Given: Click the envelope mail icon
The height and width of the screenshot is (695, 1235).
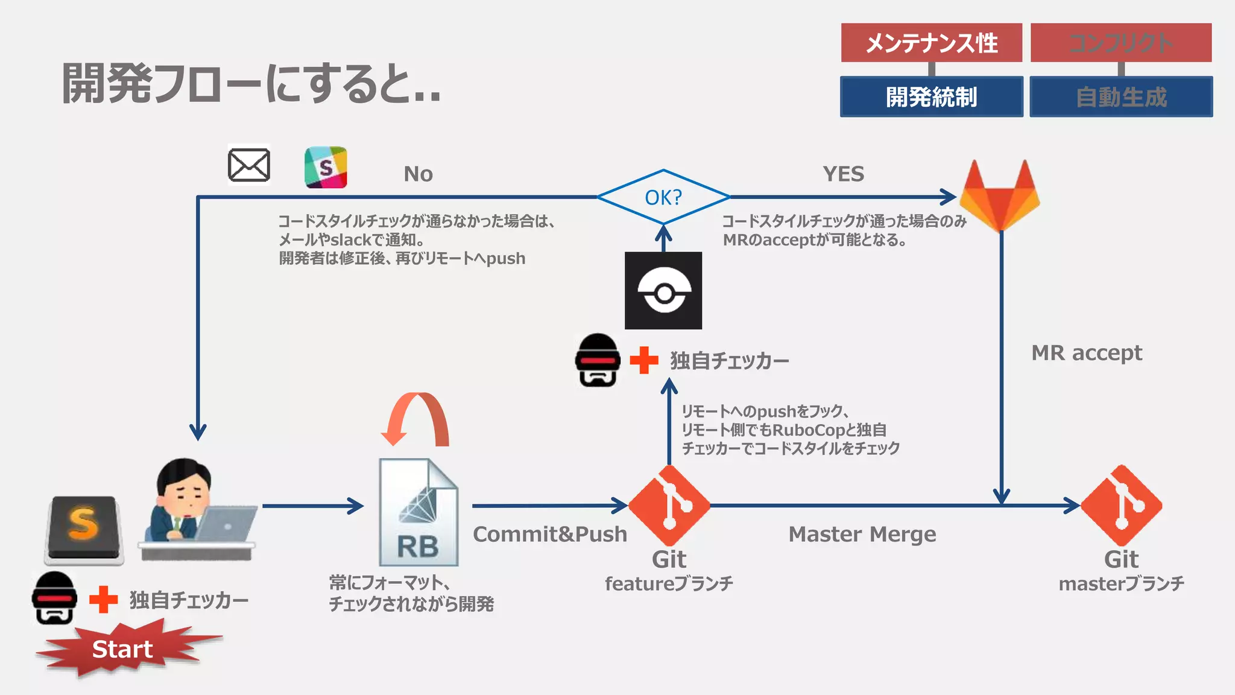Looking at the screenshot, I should (248, 165).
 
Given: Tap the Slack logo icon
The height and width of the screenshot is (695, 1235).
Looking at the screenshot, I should (326, 167).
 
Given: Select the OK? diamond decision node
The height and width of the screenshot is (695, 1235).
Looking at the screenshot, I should (663, 197).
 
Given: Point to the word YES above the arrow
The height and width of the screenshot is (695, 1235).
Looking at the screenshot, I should (843, 174).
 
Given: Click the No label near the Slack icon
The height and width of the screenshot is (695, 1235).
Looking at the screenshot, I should (418, 174).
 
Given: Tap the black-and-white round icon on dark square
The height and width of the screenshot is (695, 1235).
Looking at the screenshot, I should (663, 291).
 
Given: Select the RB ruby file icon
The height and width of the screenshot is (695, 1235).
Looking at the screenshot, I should (418, 512).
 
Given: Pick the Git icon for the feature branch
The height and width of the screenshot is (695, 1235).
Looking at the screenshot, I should (669, 505).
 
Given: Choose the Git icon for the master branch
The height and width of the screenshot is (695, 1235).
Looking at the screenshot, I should (1121, 505).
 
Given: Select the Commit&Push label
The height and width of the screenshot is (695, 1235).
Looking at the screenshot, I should (549, 534).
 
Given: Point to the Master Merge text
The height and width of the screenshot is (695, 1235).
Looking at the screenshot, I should (862, 534).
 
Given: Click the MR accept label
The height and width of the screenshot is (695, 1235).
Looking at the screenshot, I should (1086, 352).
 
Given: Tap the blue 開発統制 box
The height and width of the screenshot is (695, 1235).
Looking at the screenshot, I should (931, 97).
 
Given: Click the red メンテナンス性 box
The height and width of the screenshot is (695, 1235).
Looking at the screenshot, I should (931, 43).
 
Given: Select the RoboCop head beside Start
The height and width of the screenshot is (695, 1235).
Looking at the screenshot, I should (54, 598).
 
